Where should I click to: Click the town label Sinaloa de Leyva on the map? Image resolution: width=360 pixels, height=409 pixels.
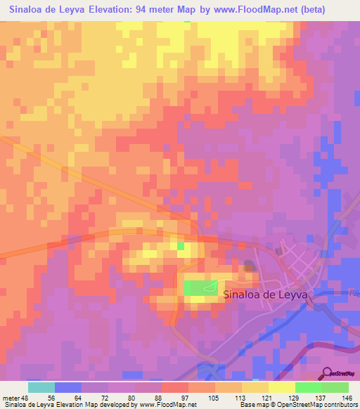click(x=265, y=296)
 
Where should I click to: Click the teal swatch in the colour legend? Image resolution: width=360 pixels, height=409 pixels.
click(x=41, y=387)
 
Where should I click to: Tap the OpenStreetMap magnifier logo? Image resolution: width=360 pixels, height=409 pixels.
click(x=327, y=373)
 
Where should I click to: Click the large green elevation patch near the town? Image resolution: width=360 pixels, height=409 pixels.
click(x=201, y=288)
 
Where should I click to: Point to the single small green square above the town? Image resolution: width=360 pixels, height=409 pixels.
click(x=181, y=247)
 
